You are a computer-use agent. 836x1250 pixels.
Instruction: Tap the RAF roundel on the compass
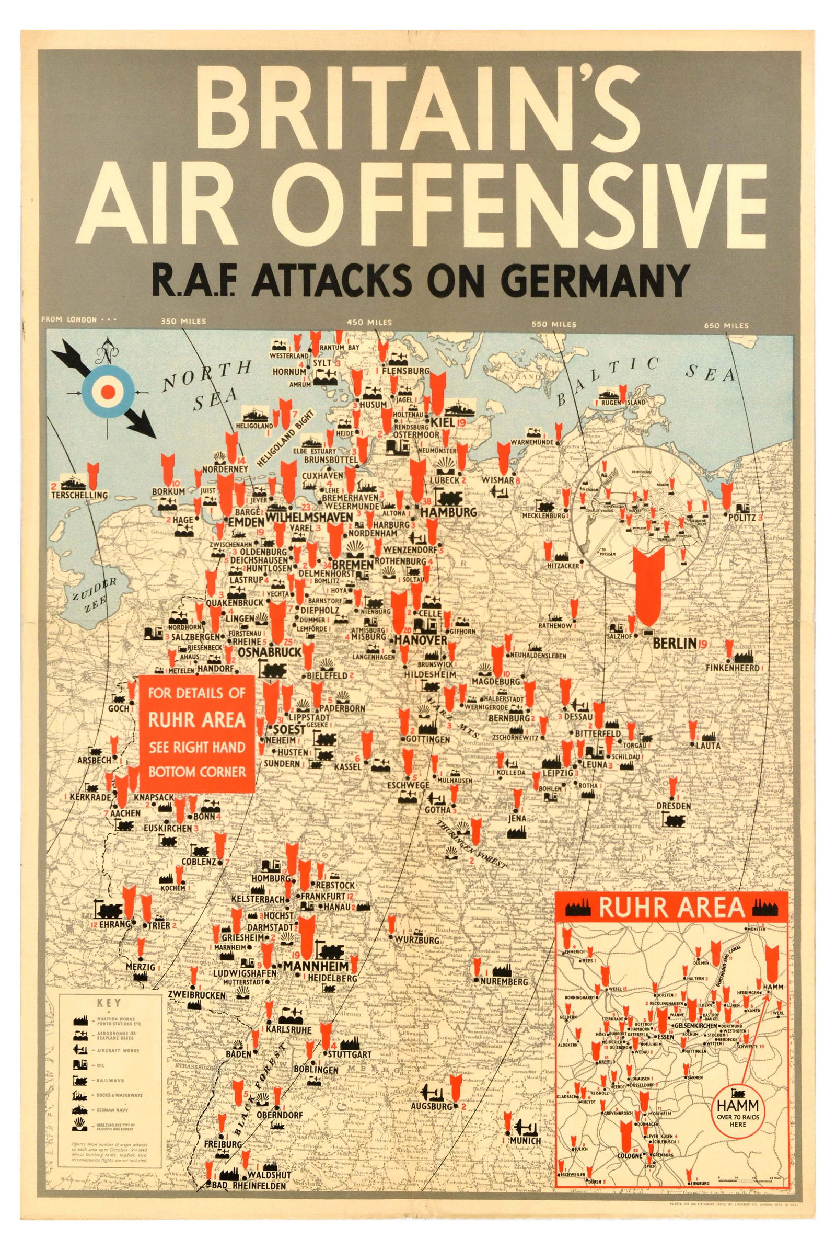(x=108, y=392)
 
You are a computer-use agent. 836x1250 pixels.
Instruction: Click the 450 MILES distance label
(x=369, y=322)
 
